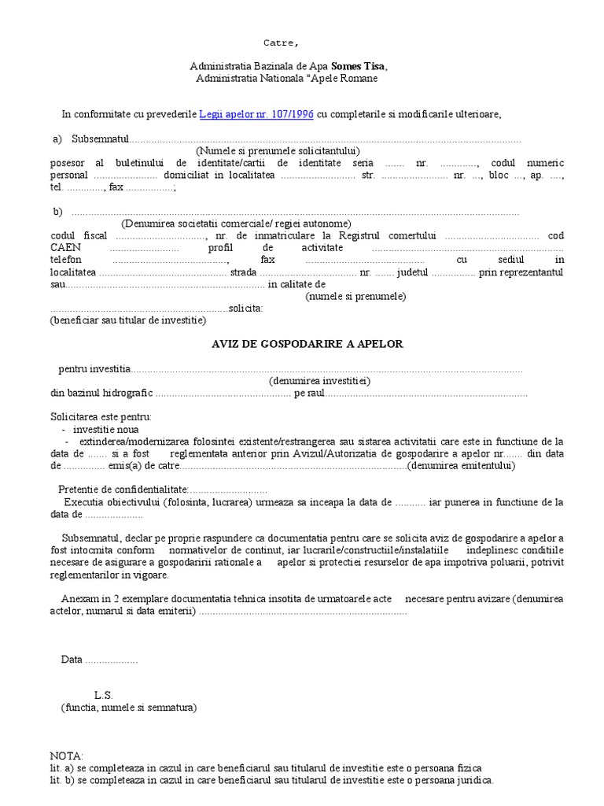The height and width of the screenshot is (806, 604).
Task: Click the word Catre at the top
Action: pyautogui.click(x=280, y=43)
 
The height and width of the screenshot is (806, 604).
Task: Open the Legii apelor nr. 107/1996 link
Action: pyautogui.click(x=256, y=114)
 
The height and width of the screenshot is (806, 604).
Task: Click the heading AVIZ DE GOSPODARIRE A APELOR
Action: pyautogui.click(x=308, y=345)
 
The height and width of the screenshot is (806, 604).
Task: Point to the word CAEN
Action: pyautogui.click(x=64, y=248)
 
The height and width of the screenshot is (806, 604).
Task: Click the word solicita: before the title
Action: pyautogui.click(x=245, y=309)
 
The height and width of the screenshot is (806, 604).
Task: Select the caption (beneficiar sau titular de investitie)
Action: pyautogui.click(x=127, y=320)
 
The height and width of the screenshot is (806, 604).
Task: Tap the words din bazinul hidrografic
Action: pyautogui.click(x=101, y=393)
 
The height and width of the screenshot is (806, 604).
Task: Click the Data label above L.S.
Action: pyautogui.click(x=72, y=660)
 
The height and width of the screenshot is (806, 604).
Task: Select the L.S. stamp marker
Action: pyautogui.click(x=104, y=695)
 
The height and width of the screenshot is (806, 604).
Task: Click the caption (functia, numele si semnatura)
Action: pyautogui.click(x=129, y=708)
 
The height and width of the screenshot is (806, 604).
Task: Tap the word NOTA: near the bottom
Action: pyautogui.click(x=66, y=755)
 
